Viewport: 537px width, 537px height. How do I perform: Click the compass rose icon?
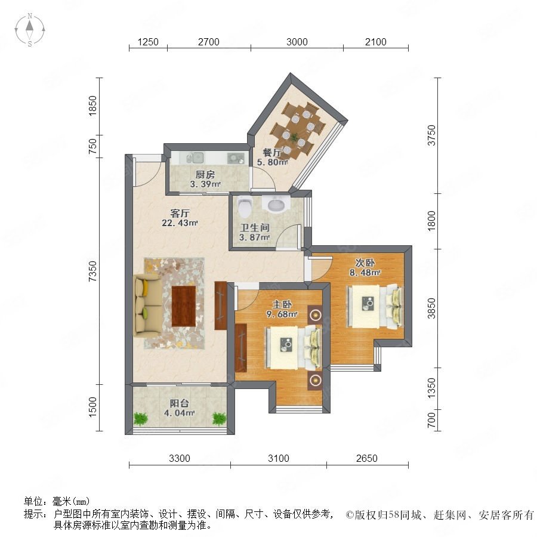tap(30, 30)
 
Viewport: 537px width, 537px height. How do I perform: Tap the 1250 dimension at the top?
tap(148, 42)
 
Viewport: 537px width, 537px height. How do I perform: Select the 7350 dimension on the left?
tap(93, 271)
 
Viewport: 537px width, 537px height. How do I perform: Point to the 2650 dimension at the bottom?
tap(367, 458)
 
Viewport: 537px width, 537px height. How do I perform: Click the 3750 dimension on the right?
tap(431, 135)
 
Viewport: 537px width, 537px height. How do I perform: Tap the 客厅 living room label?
tap(180, 214)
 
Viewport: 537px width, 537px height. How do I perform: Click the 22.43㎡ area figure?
tap(180, 223)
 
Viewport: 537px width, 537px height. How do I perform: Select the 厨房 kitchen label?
tap(205, 174)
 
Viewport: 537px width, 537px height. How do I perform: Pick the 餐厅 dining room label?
tap(272, 152)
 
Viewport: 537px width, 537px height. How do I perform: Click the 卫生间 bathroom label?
tap(254, 227)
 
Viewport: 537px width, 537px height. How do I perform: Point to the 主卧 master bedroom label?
tap(282, 304)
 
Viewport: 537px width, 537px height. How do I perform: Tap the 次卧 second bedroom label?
tap(365, 263)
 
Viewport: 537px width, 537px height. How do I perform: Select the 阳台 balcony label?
tap(180, 403)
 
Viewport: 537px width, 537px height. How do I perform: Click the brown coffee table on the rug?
tap(184, 306)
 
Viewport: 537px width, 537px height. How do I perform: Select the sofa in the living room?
tap(147, 305)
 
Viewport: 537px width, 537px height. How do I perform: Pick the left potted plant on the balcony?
tap(141, 418)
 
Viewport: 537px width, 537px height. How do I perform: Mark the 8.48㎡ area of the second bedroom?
tap(365, 273)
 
